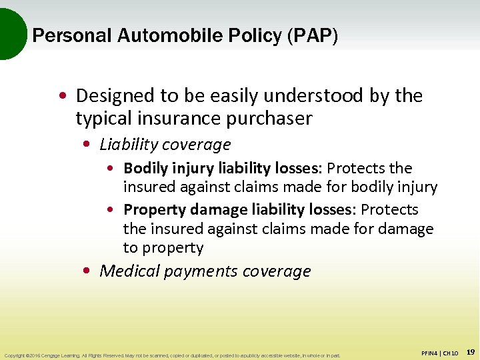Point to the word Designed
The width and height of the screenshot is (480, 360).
pyautogui.click(x=114, y=96)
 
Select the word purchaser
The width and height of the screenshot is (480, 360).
pyautogui.click(x=272, y=119)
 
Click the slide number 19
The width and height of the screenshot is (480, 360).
pyautogui.click(x=470, y=351)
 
